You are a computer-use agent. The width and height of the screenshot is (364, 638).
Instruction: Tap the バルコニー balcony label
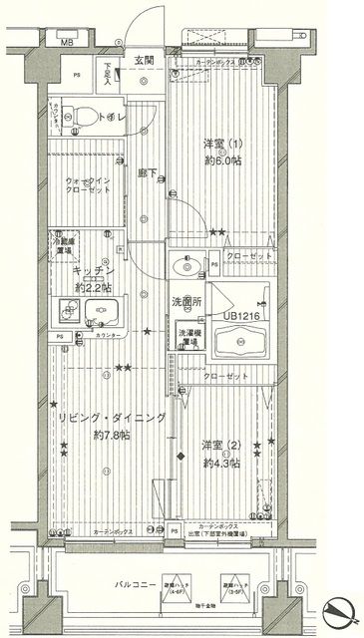(132, 583)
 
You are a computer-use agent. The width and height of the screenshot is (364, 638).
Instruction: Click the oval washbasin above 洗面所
(184, 264)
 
